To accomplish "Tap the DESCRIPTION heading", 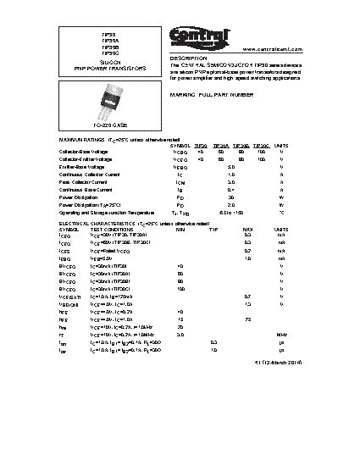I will coord(189,58).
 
